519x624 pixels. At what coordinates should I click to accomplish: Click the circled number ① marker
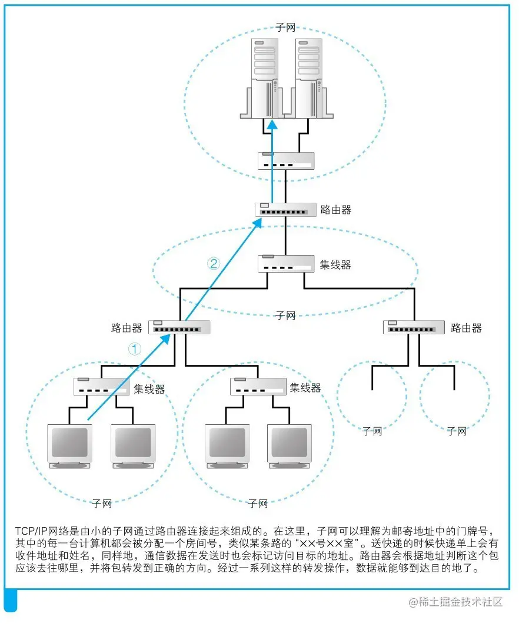tap(135, 348)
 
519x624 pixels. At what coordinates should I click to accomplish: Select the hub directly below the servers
tap(285, 160)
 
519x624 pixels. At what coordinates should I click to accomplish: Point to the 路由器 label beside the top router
tap(336, 210)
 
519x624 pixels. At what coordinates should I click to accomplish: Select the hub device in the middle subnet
tap(285, 263)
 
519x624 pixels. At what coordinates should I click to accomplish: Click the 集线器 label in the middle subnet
tap(335, 265)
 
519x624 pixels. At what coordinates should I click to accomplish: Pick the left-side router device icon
tap(179, 328)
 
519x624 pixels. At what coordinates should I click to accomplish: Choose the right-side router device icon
tap(414, 328)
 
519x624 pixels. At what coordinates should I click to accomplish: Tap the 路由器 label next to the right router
tap(466, 328)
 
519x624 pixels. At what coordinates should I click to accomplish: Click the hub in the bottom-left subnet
tap(101, 387)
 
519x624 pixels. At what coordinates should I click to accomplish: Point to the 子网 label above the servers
tap(285, 28)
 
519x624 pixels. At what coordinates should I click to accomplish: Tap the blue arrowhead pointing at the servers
tap(272, 125)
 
